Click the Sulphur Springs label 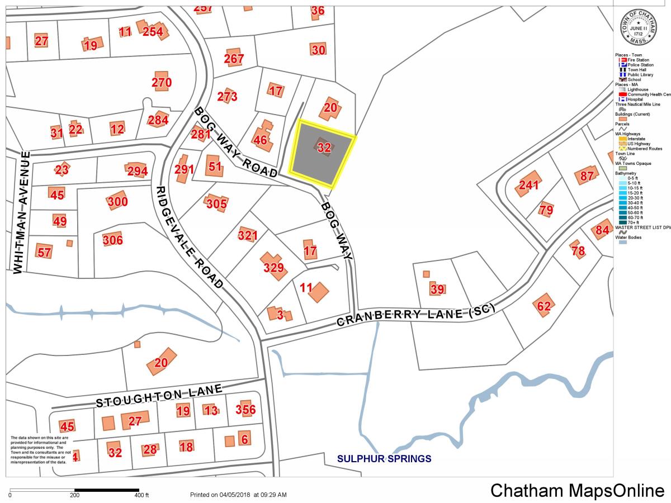[x=384, y=459]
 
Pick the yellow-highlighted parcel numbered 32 [x=322, y=152]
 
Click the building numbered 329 [x=274, y=267]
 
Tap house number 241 [x=528, y=185]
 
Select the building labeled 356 [x=245, y=409]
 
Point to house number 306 [x=112, y=240]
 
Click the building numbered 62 [x=544, y=305]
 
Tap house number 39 [x=437, y=288]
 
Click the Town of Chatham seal [x=637, y=28]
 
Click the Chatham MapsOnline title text [x=577, y=490]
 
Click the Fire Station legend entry [x=637, y=60]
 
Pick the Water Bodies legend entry [x=629, y=238]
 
